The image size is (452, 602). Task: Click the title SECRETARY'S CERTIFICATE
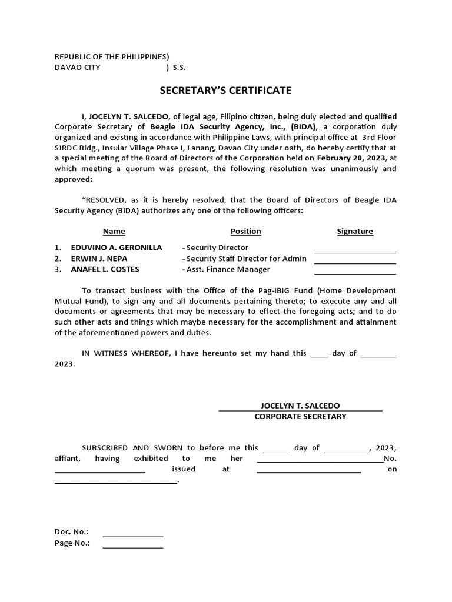tap(226, 91)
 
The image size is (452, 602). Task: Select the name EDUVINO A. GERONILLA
tap(116, 248)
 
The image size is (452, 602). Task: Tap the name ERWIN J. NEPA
tap(99, 259)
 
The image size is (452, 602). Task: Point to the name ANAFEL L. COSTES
tap(105, 269)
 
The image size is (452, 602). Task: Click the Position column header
tap(245, 232)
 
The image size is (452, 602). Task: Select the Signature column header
tap(354, 232)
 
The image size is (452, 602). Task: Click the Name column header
tap(114, 232)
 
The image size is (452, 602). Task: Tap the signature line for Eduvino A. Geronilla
tap(355, 252)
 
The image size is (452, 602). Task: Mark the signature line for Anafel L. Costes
tap(355, 274)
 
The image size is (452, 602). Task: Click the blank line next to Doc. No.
tap(133, 536)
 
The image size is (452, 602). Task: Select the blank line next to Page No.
tap(133, 547)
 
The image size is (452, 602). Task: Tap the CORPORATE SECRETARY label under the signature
tap(300, 416)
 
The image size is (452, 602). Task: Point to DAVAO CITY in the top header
tap(78, 68)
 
